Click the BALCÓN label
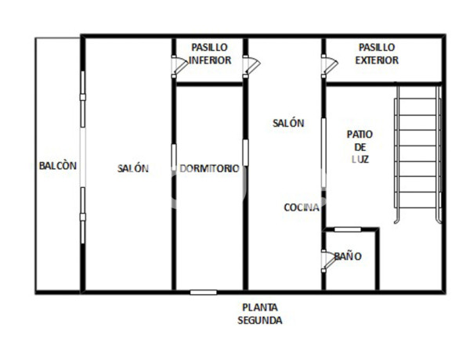pyautogui.click(x=58, y=166)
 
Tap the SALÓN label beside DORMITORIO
pyautogui.click(x=133, y=168)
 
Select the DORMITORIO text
pyautogui.click(x=209, y=168)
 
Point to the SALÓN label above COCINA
pyautogui.click(x=287, y=123)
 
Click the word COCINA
pyautogui.click(x=301, y=207)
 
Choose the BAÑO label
pyautogui.click(x=347, y=256)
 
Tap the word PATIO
pyautogui.click(x=360, y=134)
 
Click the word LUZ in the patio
pyautogui.click(x=360, y=159)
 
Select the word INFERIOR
pyautogui.click(x=210, y=60)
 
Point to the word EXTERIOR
pyautogui.click(x=377, y=60)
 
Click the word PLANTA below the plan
pyautogui.click(x=260, y=308)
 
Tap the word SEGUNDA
pyautogui.click(x=260, y=320)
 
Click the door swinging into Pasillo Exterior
pyautogui.click(x=329, y=67)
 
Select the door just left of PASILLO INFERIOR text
pyautogui.click(x=179, y=66)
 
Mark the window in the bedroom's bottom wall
pyautogui.click(x=204, y=292)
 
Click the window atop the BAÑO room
pyautogui.click(x=348, y=229)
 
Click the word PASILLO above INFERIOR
pyautogui.click(x=210, y=48)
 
